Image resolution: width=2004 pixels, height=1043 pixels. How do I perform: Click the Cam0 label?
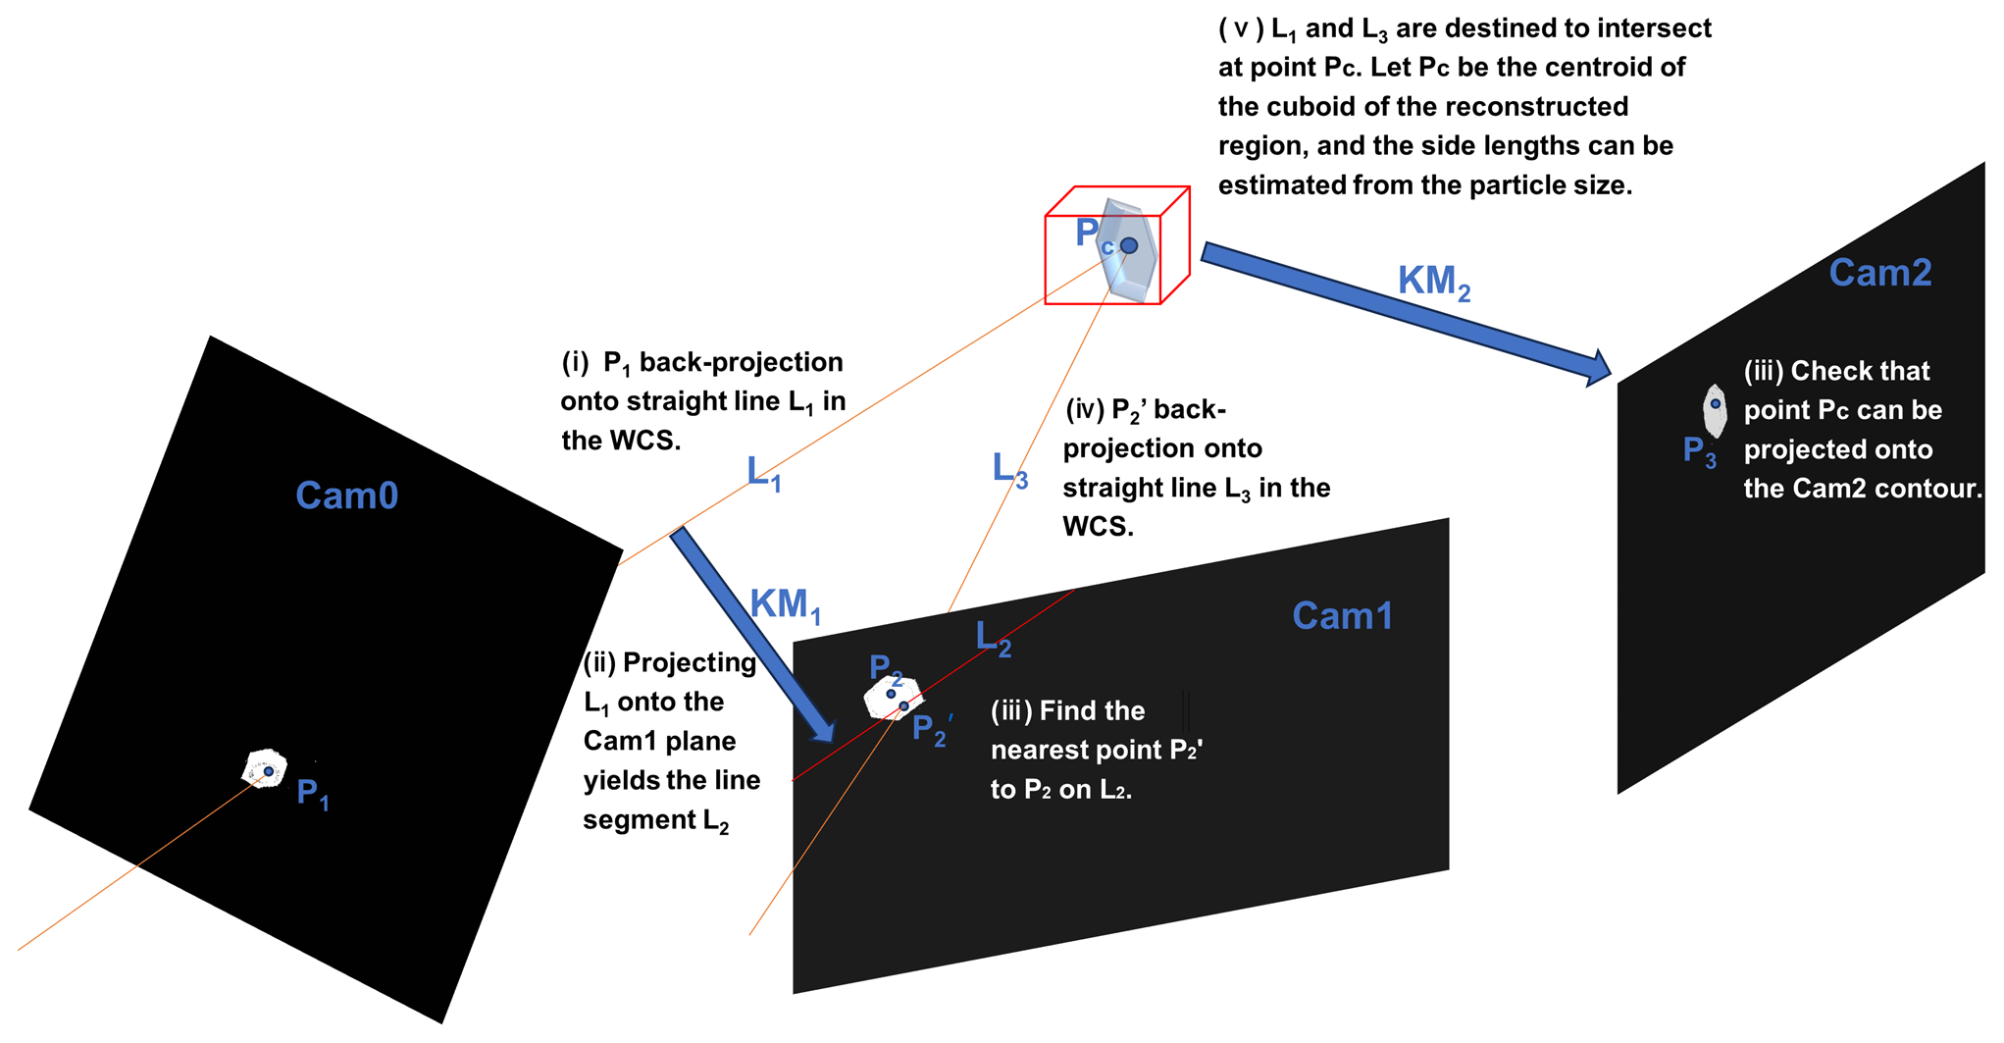346,495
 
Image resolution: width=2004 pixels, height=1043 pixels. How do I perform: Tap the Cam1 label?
1342,616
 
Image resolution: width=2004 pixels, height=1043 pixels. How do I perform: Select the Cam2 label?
1879,273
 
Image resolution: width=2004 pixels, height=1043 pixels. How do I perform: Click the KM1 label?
784,605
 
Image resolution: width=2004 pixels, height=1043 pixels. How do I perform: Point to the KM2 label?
1433,283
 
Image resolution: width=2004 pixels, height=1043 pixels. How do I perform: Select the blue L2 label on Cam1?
993,639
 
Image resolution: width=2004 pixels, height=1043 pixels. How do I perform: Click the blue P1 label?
312,793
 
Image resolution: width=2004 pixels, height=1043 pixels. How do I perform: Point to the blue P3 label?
1699,451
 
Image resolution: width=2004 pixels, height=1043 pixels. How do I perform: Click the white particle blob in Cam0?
264,768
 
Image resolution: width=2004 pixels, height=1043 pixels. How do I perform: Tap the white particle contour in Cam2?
1715,411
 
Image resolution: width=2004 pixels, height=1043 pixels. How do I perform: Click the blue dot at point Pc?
1129,245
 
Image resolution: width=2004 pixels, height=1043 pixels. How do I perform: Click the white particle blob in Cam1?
893,698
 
